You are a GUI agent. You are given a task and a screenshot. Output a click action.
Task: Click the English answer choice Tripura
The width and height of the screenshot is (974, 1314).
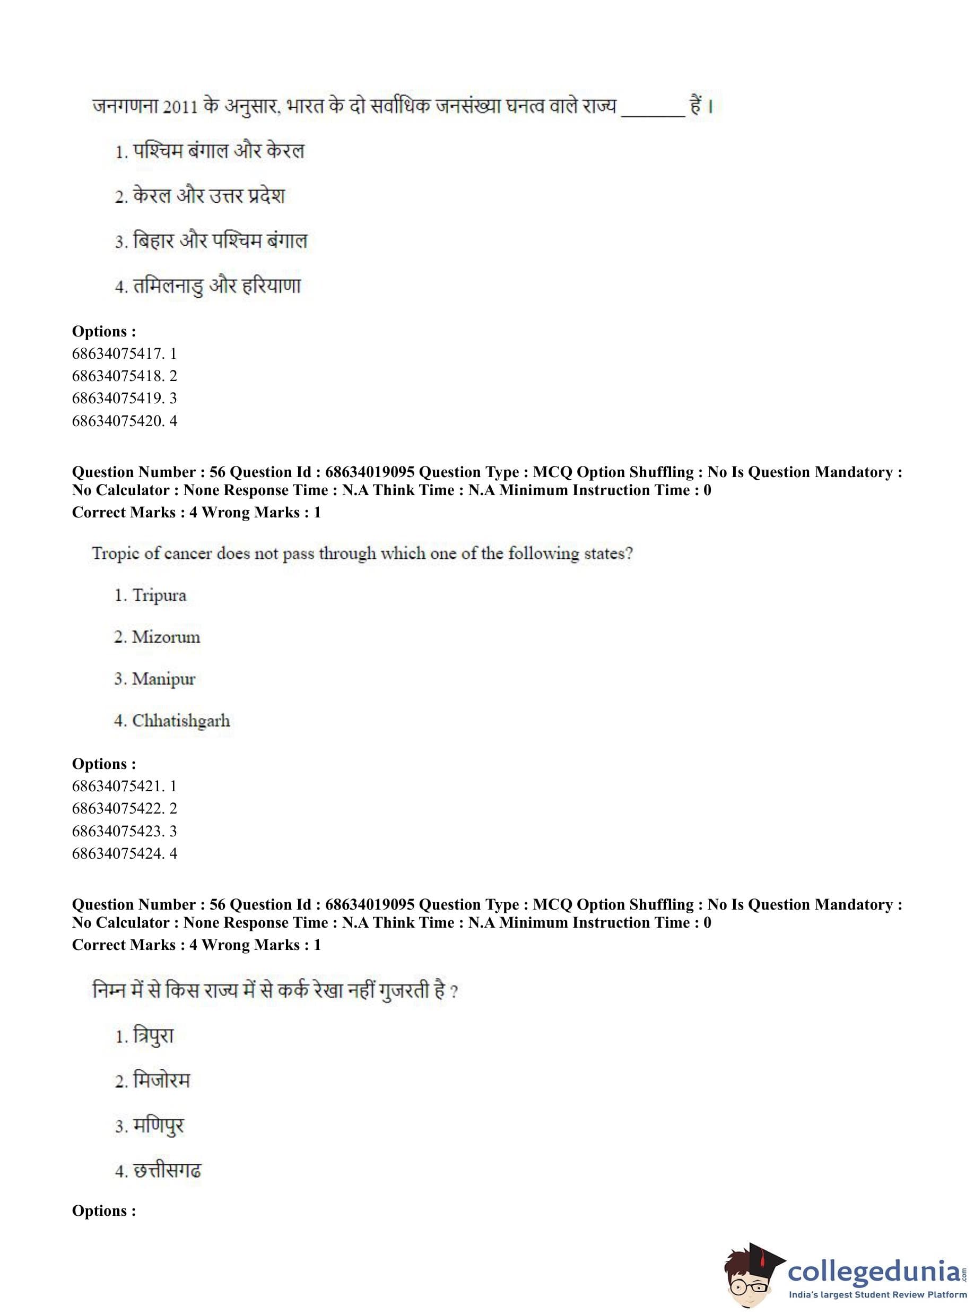tap(159, 595)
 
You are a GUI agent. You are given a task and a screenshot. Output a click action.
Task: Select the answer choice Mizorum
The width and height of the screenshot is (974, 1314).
tap(166, 637)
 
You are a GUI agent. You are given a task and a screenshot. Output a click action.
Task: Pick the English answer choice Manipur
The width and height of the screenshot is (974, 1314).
tap(163, 679)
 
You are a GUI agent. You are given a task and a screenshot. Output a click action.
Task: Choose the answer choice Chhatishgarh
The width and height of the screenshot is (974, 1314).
tap(180, 721)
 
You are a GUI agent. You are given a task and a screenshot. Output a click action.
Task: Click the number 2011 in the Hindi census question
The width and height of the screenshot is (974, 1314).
tap(180, 107)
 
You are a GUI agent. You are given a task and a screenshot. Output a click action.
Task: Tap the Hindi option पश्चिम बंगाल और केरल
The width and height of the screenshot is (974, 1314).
tap(218, 152)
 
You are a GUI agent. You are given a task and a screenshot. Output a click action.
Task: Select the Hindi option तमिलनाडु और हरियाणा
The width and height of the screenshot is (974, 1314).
tap(216, 287)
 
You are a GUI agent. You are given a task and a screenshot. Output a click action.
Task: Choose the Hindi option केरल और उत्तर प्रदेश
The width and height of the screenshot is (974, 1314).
tap(208, 196)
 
